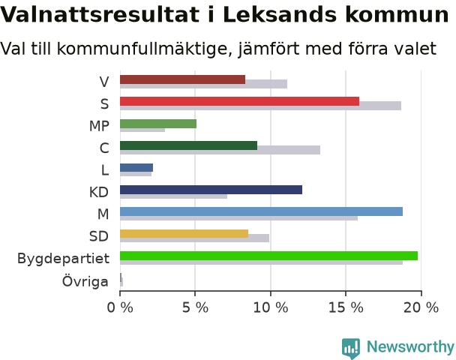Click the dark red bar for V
[x=183, y=79]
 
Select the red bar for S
[x=240, y=101]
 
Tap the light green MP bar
[x=158, y=124]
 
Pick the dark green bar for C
[x=189, y=145]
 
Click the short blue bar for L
[x=136, y=168]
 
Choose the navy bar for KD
[x=211, y=190]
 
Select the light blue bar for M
[x=262, y=211]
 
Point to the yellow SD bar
[x=184, y=234]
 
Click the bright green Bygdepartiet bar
[x=269, y=256]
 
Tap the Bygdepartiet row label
[x=64, y=259]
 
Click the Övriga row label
[x=85, y=280]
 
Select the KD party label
[x=99, y=192]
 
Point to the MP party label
[x=99, y=126]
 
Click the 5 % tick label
[x=195, y=307]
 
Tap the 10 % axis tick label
[x=271, y=307]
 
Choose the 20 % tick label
[x=421, y=307]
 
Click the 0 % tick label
[x=120, y=307]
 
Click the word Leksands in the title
[x=280, y=14]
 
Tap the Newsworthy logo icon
[x=351, y=348]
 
